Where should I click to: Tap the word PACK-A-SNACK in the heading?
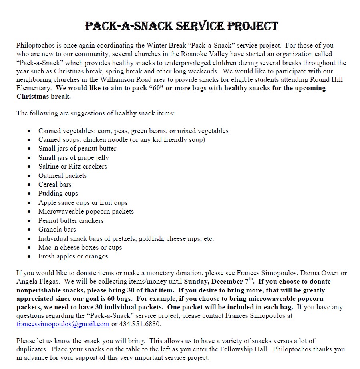125,26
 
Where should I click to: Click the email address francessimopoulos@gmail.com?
63,324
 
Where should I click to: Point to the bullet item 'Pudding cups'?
58,193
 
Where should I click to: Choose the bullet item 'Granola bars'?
57,229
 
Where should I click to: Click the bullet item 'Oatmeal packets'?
62,175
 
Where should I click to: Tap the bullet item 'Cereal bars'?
55,184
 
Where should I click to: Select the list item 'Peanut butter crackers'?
71,220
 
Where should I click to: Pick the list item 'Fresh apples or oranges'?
73,256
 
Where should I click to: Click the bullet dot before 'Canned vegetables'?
30,131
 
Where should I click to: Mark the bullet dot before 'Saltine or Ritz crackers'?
30,167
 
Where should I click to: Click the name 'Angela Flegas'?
38,281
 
